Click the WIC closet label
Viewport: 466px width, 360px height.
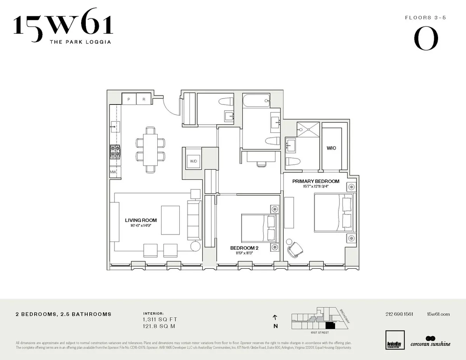(331, 148)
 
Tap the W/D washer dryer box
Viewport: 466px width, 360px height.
(193, 161)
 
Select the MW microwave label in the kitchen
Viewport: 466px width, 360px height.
(113, 172)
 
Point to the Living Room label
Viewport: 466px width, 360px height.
(141, 220)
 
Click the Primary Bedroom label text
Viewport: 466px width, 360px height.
(316, 181)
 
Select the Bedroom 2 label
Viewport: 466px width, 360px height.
(244, 248)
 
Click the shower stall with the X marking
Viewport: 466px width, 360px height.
(308, 129)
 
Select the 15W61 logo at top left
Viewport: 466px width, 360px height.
(63, 28)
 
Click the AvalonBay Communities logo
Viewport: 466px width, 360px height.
(395, 341)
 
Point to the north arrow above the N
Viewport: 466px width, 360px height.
(275, 317)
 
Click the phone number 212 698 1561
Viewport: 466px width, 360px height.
(399, 314)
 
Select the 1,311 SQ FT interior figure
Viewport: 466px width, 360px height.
(160, 319)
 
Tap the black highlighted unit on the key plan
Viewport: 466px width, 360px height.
(330, 325)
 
